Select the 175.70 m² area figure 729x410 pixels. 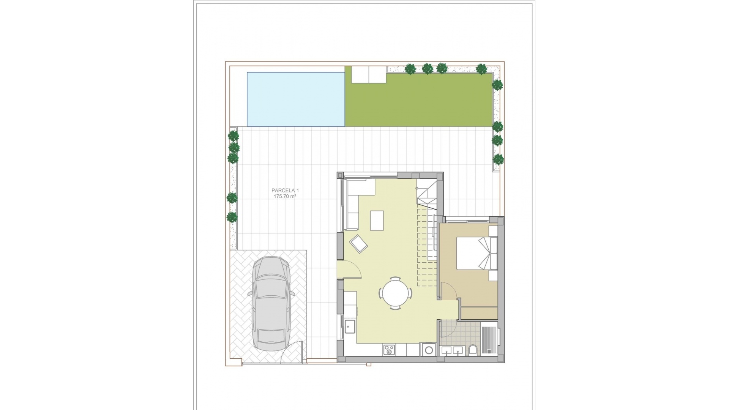(285, 197)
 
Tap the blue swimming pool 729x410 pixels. (296, 99)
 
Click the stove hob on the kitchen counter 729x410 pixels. (389, 350)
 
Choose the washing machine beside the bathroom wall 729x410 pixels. (429, 350)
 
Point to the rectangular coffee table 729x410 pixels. (377, 220)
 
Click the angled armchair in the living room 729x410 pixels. (358, 243)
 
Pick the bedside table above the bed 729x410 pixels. (493, 231)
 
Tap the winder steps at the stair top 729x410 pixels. (427, 196)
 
